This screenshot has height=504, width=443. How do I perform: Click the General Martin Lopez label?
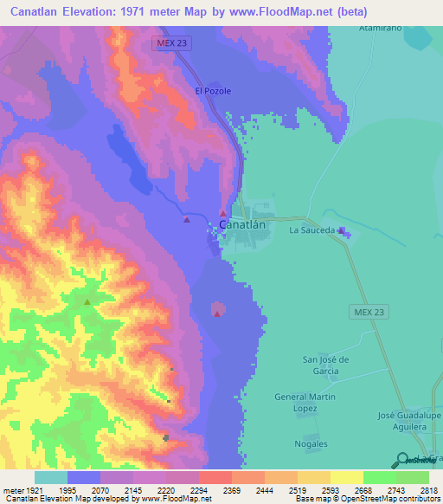[x=303, y=402]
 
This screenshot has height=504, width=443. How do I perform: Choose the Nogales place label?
[x=311, y=443]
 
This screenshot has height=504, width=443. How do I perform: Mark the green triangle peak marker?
[x=87, y=301]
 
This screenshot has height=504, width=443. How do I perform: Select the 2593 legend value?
[x=324, y=490]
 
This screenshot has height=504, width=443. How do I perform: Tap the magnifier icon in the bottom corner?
[x=401, y=460]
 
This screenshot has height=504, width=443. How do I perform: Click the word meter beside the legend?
[x=12, y=490]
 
